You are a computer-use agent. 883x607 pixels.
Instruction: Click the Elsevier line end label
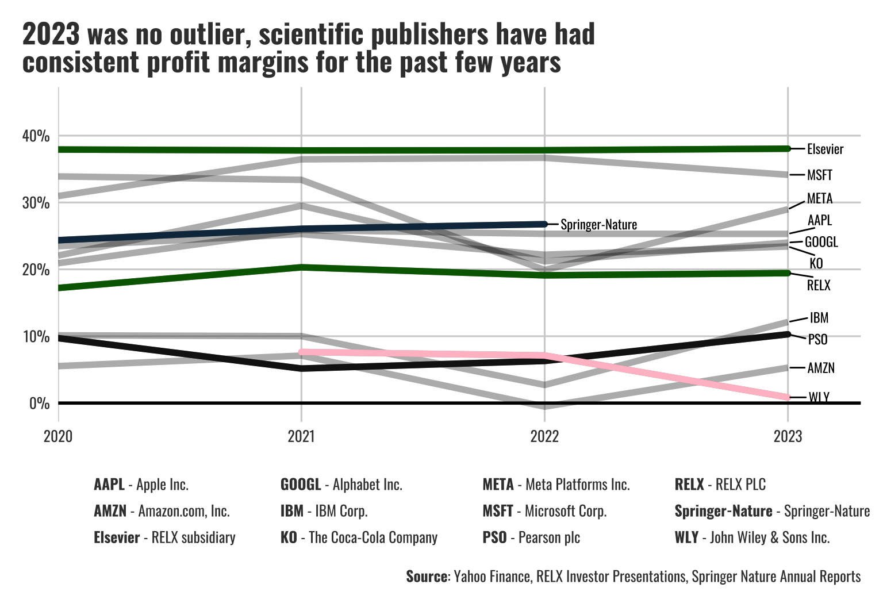pos(825,149)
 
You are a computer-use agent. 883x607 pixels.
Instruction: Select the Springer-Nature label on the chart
pos(598,225)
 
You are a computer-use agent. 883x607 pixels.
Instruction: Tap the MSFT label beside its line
pos(820,175)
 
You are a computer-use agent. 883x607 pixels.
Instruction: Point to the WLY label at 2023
pos(819,397)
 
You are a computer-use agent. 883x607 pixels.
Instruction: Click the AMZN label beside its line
pos(821,368)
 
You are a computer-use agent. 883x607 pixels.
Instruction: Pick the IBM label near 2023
pos(819,318)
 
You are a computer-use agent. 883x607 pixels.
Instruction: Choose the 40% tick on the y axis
pos(36,136)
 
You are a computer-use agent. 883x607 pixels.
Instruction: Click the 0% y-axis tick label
pos(39,404)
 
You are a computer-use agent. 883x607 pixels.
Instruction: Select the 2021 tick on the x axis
pos(301,437)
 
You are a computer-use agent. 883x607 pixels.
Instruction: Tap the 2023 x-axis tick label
pos(788,437)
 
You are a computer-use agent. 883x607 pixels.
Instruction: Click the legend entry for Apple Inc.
pos(141,485)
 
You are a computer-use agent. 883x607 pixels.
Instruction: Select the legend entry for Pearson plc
pos(531,537)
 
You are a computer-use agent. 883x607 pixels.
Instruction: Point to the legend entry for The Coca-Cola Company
pos(359,537)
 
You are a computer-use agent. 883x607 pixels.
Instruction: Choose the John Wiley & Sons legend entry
pos(752,537)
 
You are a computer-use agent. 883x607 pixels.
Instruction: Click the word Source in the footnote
pos(426,577)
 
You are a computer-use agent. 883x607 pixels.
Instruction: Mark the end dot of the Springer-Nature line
pos(544,224)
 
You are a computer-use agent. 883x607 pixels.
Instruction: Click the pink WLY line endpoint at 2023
pos(787,397)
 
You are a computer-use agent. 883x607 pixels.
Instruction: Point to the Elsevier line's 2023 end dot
pos(788,149)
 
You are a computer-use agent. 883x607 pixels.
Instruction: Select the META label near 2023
pos(820,199)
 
